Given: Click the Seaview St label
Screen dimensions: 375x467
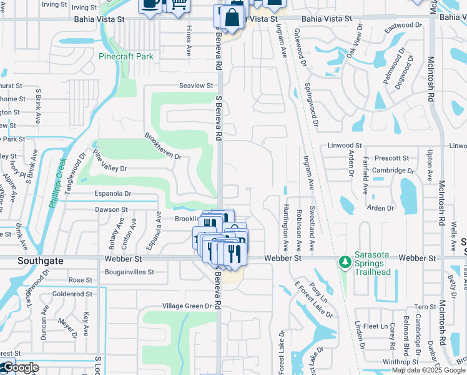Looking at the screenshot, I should click(196, 86).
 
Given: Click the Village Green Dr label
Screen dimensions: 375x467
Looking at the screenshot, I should click(187, 306).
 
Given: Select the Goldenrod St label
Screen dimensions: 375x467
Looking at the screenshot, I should click(72, 293).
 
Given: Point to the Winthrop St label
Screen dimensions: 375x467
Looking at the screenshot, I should click(401, 362).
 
